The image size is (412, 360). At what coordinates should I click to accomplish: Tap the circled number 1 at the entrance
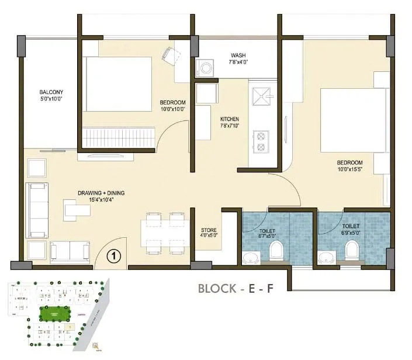click(115, 255)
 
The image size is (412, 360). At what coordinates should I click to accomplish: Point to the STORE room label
click(209, 230)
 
